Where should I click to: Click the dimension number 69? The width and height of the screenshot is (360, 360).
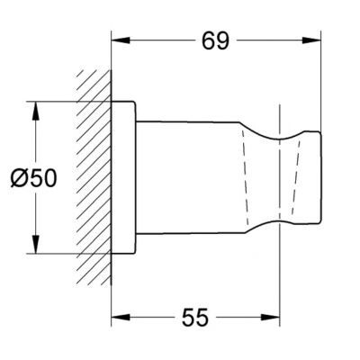click(x=215, y=40)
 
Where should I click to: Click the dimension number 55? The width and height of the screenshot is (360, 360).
click(x=195, y=318)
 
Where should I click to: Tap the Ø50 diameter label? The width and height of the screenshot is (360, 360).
click(x=33, y=178)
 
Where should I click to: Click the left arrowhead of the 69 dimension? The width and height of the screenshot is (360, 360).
click(x=121, y=40)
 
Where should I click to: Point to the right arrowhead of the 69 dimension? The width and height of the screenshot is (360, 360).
click(x=311, y=40)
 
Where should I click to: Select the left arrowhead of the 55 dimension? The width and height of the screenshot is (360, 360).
click(x=121, y=317)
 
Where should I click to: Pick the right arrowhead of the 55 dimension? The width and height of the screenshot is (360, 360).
click(x=270, y=317)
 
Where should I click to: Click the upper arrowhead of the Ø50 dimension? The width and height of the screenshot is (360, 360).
click(x=36, y=111)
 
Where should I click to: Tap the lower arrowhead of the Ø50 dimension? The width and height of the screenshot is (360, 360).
click(x=36, y=244)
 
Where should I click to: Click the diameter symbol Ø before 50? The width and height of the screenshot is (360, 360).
click(x=18, y=178)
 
